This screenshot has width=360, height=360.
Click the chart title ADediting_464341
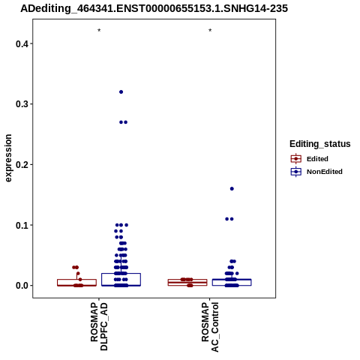(x=154, y=9)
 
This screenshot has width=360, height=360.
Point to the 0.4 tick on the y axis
(x=31, y=43)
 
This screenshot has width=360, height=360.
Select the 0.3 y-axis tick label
(x=21, y=104)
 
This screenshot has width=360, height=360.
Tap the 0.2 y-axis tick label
(x=21, y=165)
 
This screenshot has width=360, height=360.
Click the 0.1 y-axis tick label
(x=21, y=225)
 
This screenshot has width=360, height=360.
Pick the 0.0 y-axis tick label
(x=21, y=286)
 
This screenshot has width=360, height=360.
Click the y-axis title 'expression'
(x=8, y=158)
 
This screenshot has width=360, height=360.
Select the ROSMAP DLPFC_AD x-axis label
(x=99, y=326)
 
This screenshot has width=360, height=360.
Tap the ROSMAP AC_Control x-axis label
(x=210, y=327)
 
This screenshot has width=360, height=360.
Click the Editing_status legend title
(x=319, y=144)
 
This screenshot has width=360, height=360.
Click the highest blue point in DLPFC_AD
(x=121, y=92)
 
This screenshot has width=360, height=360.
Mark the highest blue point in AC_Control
(x=232, y=189)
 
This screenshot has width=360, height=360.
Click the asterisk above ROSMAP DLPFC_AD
(x=99, y=31)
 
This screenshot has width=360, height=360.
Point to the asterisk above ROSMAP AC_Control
(x=210, y=31)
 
